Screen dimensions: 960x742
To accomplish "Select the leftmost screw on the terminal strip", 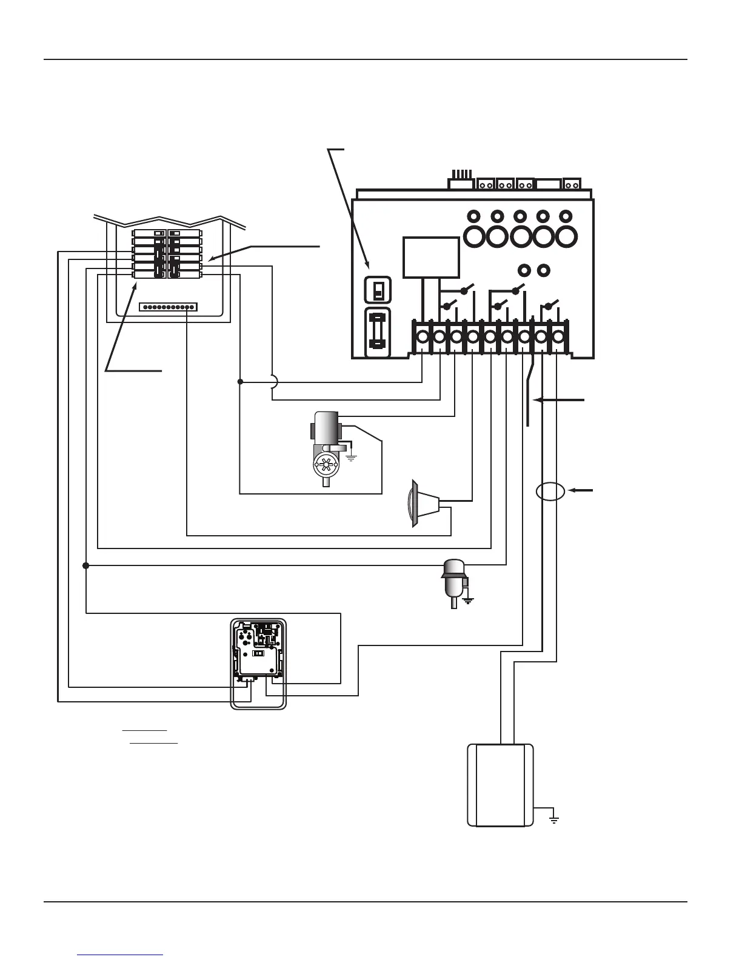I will (422, 336).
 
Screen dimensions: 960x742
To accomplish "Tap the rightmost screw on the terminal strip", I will (557, 336).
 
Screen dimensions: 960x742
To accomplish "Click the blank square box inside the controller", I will (430, 258).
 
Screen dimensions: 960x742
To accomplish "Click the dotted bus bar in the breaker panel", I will (168, 307).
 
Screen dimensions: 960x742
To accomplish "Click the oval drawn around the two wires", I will (550, 492).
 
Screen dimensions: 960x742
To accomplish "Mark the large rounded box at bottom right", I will (500, 785).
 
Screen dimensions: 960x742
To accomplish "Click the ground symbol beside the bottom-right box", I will (553, 820).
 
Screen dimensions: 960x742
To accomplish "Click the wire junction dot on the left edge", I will (85, 565).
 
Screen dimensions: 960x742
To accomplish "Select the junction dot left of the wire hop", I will (240, 382).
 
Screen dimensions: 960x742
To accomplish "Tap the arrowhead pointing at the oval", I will (572, 490).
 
